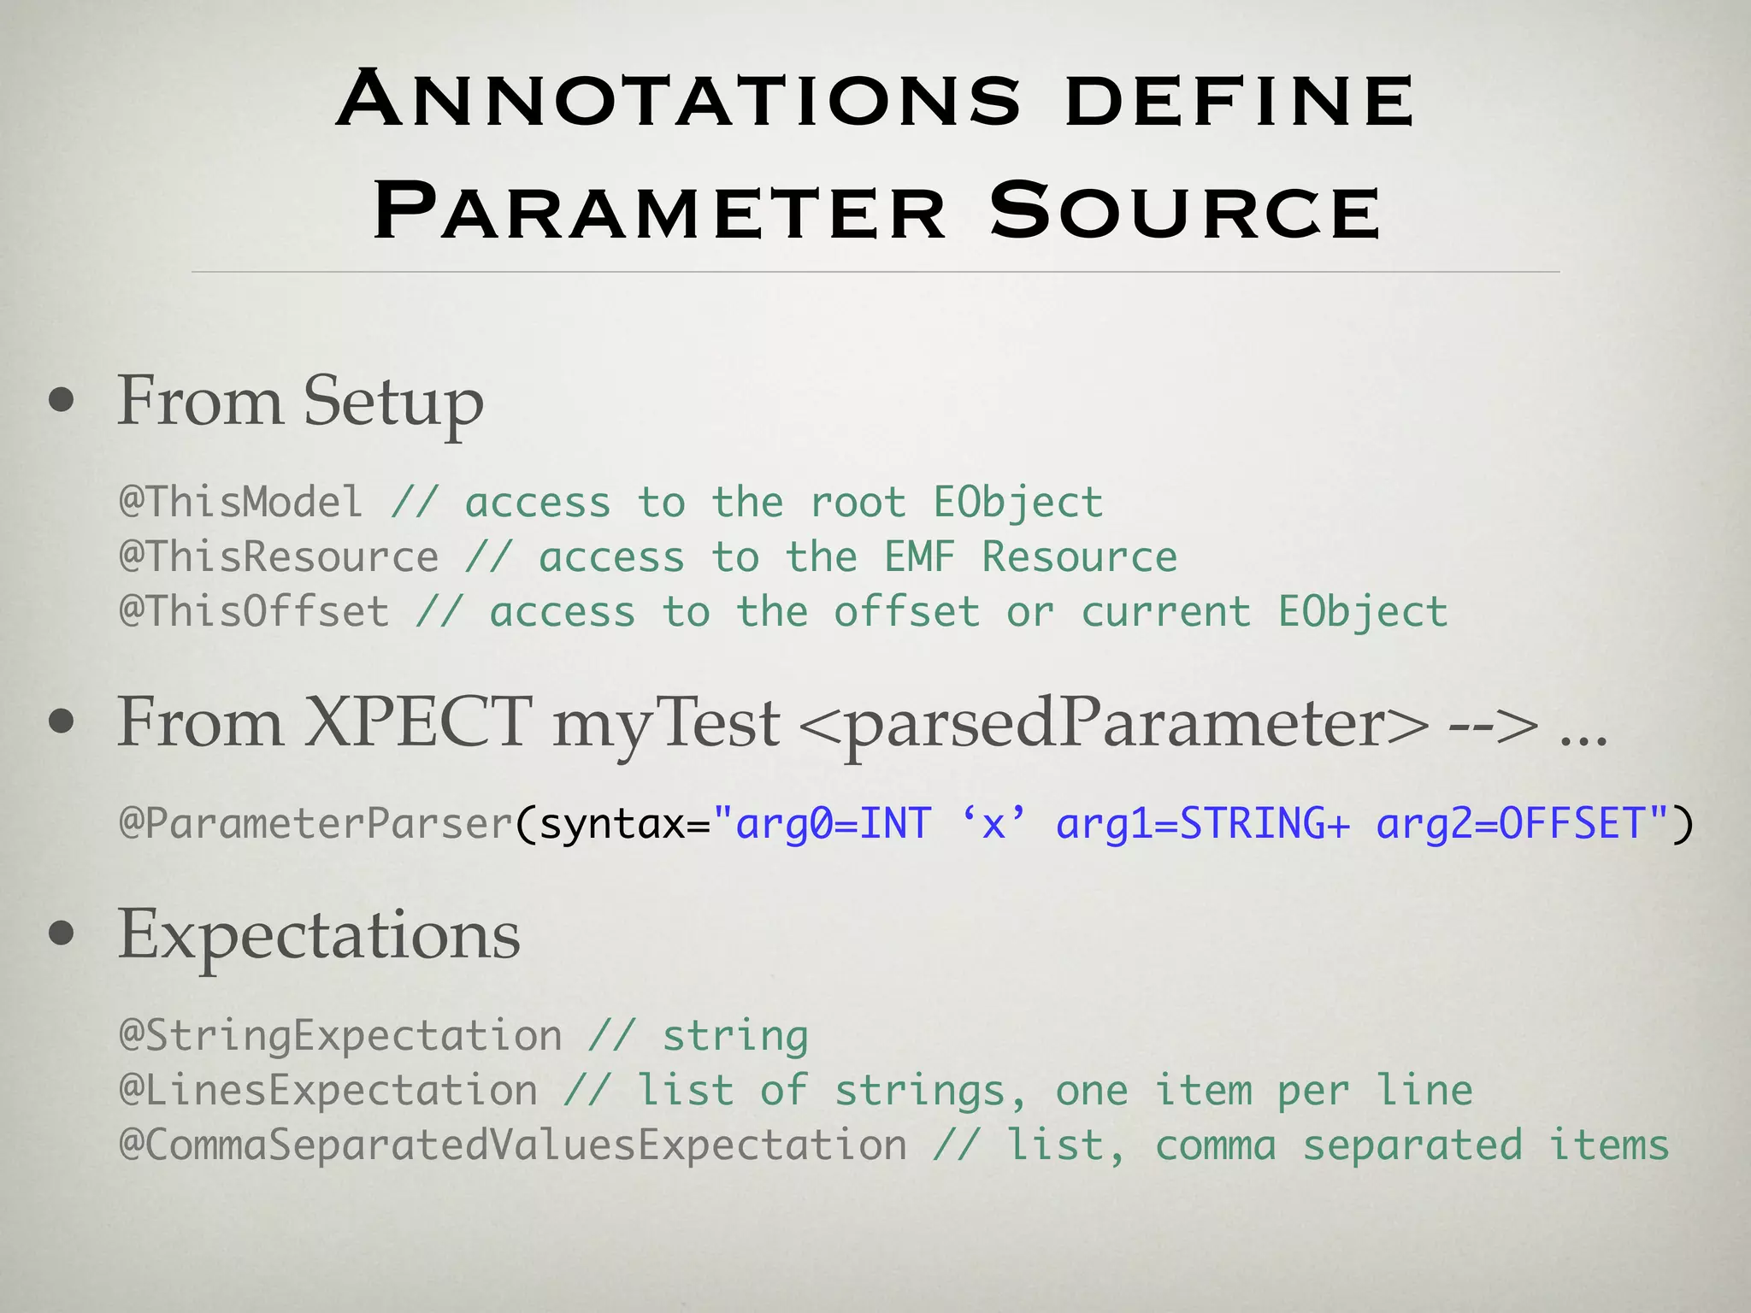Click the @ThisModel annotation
pos(241,502)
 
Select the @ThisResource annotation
pos(279,556)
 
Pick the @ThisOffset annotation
pos(254,611)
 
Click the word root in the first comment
pos(858,502)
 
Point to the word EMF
pos(919,556)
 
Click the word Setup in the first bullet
pos(393,401)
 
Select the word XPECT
pos(418,722)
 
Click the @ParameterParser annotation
pos(315,823)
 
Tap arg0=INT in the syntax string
pos(833,823)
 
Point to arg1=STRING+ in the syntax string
pos(1203,823)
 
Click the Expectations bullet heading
pos(318,934)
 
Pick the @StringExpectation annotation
pos(340,1035)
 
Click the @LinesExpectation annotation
pos(328,1090)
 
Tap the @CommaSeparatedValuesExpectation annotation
pos(513,1145)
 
